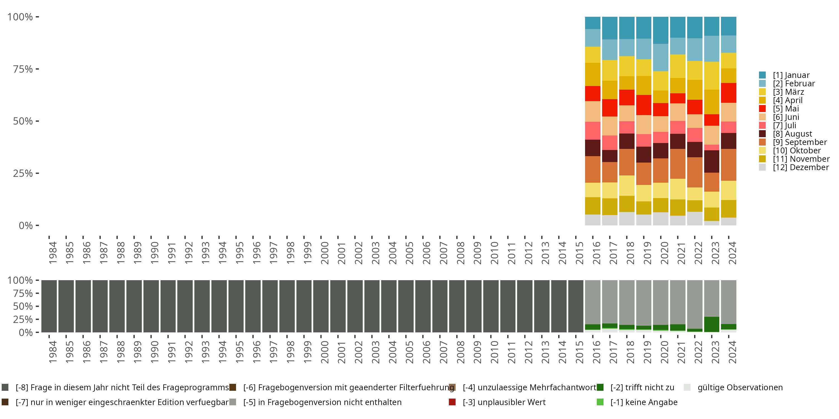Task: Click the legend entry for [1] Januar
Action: (x=791, y=75)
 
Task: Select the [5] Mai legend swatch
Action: (x=762, y=109)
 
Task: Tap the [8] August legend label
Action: (x=792, y=134)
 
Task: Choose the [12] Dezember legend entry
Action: (x=801, y=167)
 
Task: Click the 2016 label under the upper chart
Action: (x=596, y=253)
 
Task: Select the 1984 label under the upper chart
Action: (x=53, y=253)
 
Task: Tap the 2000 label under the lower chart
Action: (x=325, y=352)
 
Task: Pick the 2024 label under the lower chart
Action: (x=732, y=352)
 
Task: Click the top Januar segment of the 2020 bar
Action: (x=661, y=30)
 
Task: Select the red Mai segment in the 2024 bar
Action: (x=729, y=93)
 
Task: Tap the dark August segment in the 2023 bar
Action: (x=712, y=161)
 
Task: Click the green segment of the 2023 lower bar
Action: (x=712, y=324)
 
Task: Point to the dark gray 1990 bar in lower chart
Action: (x=151, y=306)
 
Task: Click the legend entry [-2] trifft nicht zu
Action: (x=642, y=387)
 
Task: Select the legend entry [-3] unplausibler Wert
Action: (x=504, y=402)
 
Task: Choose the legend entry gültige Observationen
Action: (x=740, y=387)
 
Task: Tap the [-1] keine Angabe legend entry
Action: (x=644, y=402)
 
